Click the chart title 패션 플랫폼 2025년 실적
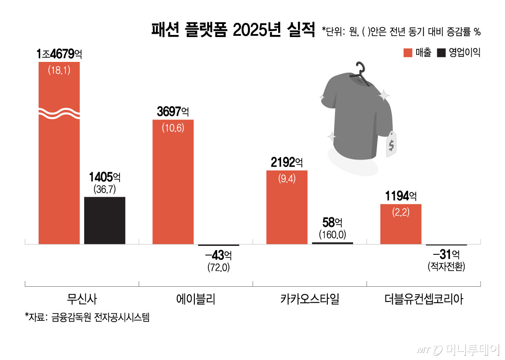click(233, 30)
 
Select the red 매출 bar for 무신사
click(59, 168)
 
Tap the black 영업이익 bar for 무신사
click(105, 220)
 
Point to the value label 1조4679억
click(59, 54)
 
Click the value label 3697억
click(173, 112)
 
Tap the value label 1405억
click(105, 177)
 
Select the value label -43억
click(218, 255)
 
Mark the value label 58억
click(332, 222)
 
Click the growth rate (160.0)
click(332, 234)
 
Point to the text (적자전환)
click(447, 267)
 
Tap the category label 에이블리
click(196, 299)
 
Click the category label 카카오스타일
click(309, 299)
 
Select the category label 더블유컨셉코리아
click(423, 299)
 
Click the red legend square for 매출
click(407, 53)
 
